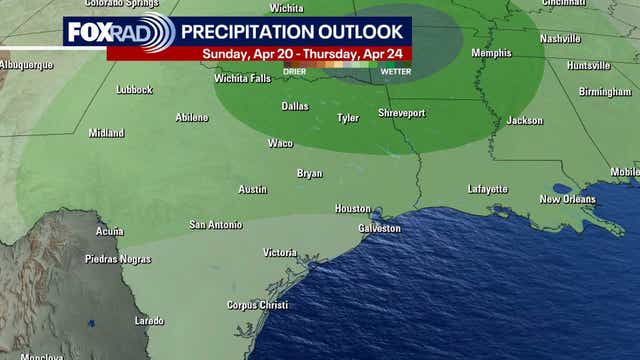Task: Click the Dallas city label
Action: point(295,105)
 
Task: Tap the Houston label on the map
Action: point(352,208)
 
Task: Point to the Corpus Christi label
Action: point(257,304)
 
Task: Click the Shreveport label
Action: point(401,113)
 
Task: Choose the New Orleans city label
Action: point(567,199)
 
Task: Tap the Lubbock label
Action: point(134,89)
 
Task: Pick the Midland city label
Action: point(106,132)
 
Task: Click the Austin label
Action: point(252,189)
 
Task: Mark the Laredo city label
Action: point(149,321)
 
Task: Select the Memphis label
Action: point(491,53)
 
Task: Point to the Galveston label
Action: point(379,228)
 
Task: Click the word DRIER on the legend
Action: point(296,70)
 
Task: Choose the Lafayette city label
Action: point(488,189)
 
